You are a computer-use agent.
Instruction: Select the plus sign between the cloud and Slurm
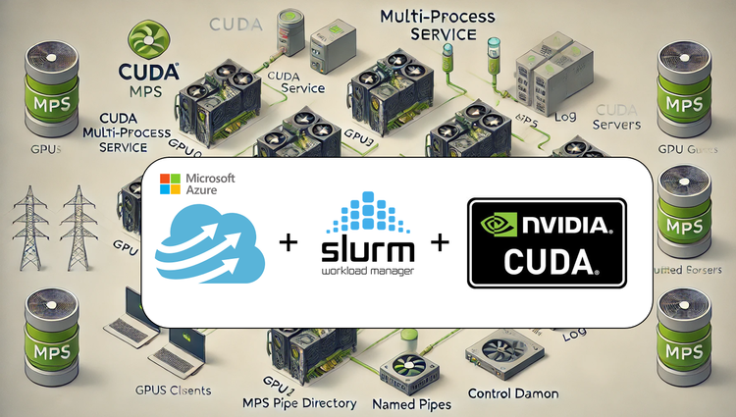[x=289, y=240]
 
